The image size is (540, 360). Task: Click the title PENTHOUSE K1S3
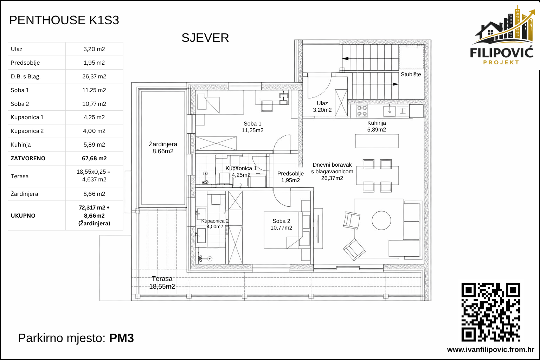tap(64, 20)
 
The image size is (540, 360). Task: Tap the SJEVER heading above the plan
tap(205, 38)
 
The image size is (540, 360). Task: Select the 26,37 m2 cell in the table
tap(94, 76)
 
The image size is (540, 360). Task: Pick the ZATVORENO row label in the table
tap(28, 158)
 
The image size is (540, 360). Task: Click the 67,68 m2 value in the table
tap(94, 158)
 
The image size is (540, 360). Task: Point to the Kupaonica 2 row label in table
tap(27, 131)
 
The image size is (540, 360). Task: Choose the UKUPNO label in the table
tap(23, 216)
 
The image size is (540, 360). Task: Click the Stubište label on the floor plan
tap(411, 75)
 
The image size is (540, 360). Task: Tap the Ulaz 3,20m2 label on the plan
tap(322, 107)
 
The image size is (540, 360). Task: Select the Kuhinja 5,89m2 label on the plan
tap(377, 126)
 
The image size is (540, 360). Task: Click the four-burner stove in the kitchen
tap(362, 111)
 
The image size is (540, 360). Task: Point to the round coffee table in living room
tap(381, 220)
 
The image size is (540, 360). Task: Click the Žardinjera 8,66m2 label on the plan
tap(163, 148)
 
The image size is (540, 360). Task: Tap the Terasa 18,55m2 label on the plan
tap(162, 283)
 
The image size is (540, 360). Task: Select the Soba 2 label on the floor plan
tap(281, 224)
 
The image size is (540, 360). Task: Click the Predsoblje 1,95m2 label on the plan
tap(290, 177)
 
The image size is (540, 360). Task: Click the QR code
tap(491, 312)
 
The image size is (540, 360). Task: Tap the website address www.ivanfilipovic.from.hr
tap(490, 349)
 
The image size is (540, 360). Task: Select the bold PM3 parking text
tap(121, 338)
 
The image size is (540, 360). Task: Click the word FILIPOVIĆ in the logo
tap(502, 53)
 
